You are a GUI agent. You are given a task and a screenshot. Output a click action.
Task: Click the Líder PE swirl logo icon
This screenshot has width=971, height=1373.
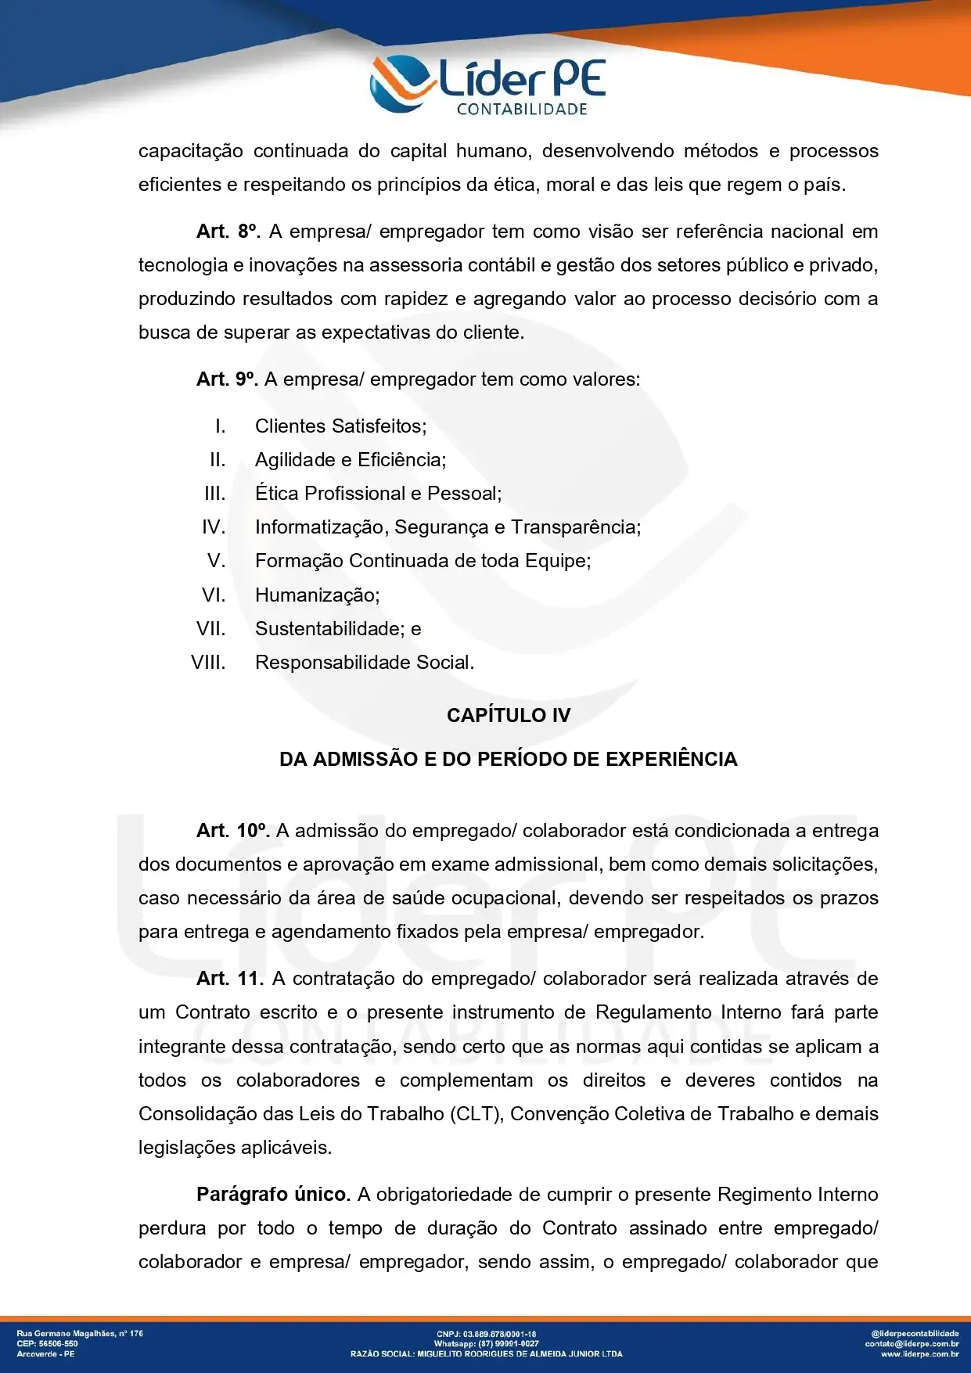401,82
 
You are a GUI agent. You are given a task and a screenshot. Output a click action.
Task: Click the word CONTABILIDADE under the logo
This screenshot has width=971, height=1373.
522,110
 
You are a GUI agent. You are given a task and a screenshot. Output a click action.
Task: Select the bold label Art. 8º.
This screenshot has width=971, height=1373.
228,232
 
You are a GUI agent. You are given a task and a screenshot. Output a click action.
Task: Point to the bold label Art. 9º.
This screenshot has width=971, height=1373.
227,379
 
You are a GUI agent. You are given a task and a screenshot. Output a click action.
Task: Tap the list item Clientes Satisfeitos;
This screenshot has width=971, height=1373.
340,426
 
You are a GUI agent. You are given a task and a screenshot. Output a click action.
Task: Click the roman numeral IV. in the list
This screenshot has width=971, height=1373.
214,527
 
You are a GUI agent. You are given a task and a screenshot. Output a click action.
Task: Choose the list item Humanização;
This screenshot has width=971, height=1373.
317,595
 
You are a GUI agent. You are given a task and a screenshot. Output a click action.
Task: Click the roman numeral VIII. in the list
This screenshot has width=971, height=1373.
208,663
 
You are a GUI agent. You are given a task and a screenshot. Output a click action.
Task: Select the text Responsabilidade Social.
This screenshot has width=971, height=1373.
364,663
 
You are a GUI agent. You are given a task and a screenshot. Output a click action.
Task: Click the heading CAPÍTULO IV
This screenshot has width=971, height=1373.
509,715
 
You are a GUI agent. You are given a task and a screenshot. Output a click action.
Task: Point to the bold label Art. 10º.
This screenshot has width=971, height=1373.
232,831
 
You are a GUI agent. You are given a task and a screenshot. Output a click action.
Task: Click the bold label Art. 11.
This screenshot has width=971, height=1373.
230,979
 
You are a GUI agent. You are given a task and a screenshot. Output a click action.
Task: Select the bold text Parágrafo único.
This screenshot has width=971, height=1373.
273,1195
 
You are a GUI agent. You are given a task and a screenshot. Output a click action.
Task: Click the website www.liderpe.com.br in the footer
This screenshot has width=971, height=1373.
919,1353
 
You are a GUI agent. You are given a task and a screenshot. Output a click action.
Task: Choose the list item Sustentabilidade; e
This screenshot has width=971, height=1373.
337,629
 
